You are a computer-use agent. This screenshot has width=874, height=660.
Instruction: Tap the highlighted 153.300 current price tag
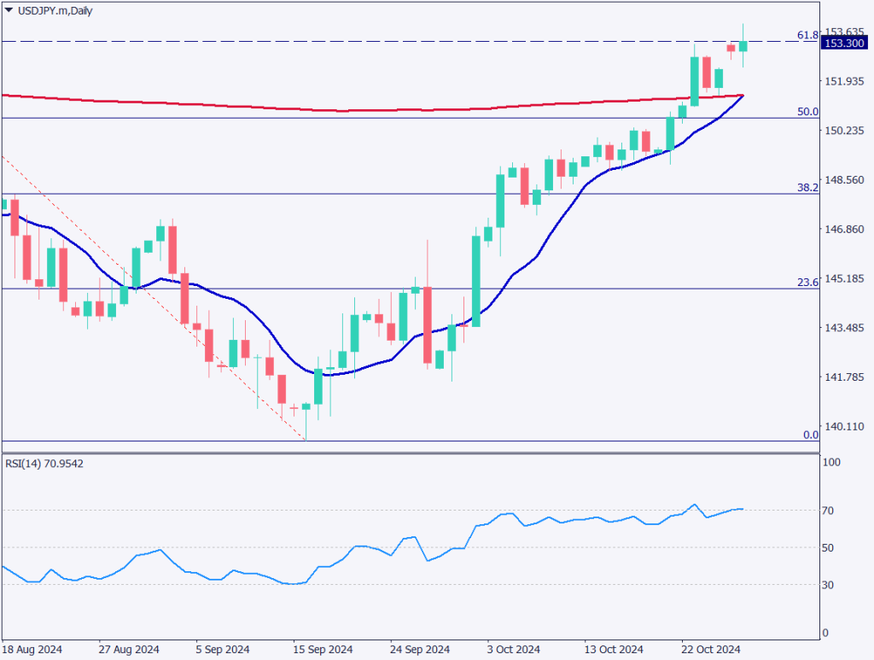[x=843, y=44]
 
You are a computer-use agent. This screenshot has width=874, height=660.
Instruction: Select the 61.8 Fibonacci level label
[x=807, y=35]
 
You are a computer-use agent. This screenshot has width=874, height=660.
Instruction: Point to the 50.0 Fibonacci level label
[x=807, y=112]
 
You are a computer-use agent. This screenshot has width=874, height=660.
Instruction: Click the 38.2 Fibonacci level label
[x=807, y=187]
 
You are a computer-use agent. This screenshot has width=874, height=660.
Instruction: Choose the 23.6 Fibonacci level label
[x=807, y=282]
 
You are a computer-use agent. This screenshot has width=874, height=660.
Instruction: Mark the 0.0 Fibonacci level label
[x=811, y=435]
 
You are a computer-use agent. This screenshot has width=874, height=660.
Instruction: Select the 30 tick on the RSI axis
[x=829, y=585]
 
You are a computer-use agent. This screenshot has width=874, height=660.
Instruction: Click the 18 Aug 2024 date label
[x=32, y=648]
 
